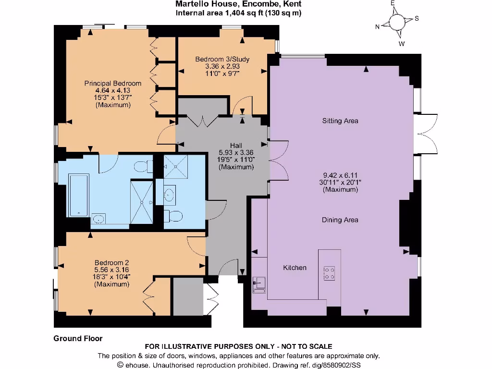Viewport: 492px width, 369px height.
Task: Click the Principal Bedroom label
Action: click(x=113, y=83)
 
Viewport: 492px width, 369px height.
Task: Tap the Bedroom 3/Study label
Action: click(x=222, y=59)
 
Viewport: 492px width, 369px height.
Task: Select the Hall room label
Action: click(x=236, y=146)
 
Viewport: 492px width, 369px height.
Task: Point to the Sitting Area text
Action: click(x=340, y=121)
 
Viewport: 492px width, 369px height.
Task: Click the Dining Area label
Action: click(x=340, y=220)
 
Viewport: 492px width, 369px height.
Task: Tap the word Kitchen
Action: click(x=295, y=268)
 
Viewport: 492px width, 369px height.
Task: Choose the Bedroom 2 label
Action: click(x=111, y=262)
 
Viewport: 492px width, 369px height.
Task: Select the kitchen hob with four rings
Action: click(x=330, y=273)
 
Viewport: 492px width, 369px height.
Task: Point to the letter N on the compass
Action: click(x=378, y=27)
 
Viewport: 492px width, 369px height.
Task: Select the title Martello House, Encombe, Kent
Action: click(x=238, y=4)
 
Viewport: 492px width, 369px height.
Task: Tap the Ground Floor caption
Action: click(x=78, y=338)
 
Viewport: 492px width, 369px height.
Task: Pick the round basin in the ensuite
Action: click(x=169, y=194)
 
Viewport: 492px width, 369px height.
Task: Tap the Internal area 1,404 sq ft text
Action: click(x=238, y=13)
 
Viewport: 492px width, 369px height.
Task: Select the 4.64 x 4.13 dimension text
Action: click(x=113, y=90)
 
